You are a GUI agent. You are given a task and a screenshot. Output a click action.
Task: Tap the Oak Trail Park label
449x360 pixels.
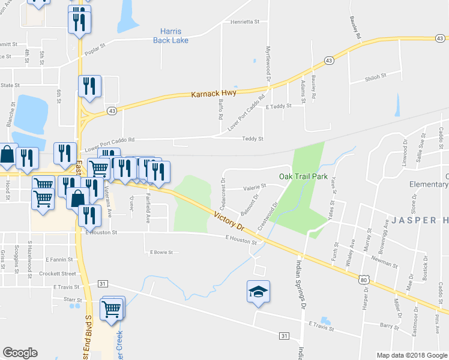coord(303,176)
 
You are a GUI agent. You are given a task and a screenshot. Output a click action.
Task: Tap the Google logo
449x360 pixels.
coord(20,353)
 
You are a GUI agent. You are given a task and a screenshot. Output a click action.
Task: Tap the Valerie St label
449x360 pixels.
coord(255,187)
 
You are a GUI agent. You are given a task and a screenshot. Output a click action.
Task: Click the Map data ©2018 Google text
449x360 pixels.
coord(411,355)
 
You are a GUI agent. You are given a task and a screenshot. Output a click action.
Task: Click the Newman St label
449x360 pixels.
coord(385,263)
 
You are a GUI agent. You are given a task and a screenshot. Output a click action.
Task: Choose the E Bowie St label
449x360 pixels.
coord(161,253)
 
